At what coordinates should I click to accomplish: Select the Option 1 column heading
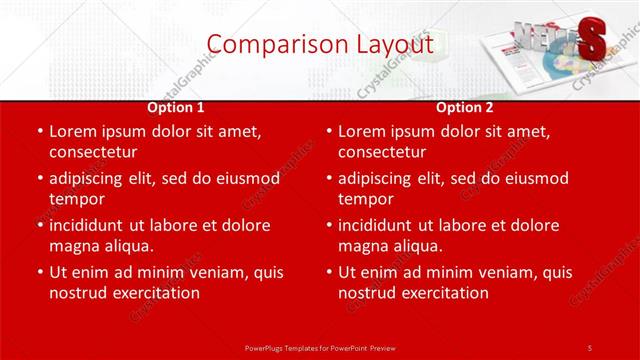point(176,106)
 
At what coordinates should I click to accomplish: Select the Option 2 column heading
point(465,106)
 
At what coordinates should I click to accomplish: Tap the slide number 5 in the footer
point(589,346)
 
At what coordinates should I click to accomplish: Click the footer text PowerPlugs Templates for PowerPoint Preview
point(319,346)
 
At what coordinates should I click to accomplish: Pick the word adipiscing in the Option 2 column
point(380,178)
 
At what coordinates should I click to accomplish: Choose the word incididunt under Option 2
point(380,225)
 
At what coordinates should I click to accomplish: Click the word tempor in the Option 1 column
point(75,199)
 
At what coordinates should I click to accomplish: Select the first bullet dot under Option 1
point(39,132)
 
